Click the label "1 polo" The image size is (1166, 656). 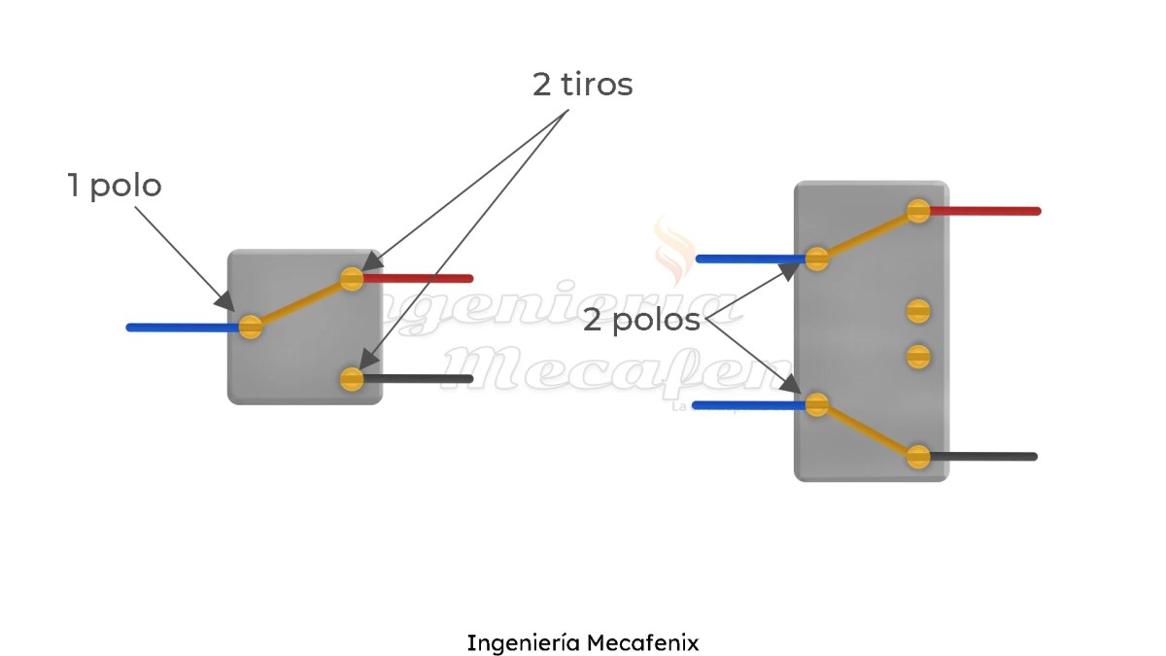114,185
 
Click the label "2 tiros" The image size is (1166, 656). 582,85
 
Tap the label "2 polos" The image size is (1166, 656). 641,321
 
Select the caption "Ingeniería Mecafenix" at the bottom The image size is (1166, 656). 582,642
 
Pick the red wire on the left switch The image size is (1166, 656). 418,279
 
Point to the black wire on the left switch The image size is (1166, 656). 418,379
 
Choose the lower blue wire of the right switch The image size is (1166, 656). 748,404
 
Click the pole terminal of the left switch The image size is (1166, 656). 251,327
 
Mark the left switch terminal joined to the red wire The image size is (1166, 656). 352,280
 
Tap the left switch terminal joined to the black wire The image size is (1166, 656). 352,379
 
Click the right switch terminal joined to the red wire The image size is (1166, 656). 918,211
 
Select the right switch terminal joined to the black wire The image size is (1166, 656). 918,457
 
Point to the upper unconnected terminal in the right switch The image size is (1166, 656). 918,311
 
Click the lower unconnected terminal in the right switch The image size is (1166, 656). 918,356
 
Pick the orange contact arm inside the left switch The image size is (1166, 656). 301,303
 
